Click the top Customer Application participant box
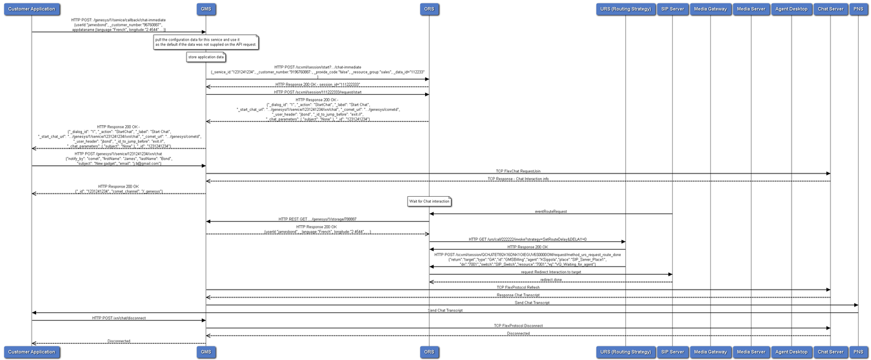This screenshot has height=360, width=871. click(x=32, y=9)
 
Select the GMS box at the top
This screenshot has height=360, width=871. click(x=206, y=9)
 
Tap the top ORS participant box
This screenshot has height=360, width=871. click(x=429, y=9)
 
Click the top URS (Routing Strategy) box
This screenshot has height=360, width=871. click(x=625, y=9)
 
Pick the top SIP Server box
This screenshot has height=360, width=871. click(x=672, y=9)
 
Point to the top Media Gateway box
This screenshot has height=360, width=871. click(x=710, y=9)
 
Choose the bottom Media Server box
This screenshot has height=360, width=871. click(x=751, y=352)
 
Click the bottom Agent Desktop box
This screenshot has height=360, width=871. click(x=792, y=352)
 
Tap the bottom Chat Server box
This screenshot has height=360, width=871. click(x=830, y=352)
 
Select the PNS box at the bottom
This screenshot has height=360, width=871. click(x=858, y=352)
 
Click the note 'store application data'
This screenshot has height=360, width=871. click(x=206, y=57)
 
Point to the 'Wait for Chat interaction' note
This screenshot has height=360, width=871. click(x=429, y=201)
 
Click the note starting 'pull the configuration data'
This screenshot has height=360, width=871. click(x=206, y=42)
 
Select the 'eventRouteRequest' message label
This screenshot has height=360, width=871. click(x=551, y=211)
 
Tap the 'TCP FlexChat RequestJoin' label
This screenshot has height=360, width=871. click(x=518, y=171)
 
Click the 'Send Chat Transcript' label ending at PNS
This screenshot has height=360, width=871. click(x=532, y=303)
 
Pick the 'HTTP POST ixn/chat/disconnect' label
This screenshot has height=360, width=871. click(x=119, y=318)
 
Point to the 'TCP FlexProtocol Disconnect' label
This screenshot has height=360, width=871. click(x=518, y=326)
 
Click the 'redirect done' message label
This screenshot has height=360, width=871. click(x=551, y=279)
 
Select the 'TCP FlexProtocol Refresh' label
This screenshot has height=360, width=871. click(x=518, y=287)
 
